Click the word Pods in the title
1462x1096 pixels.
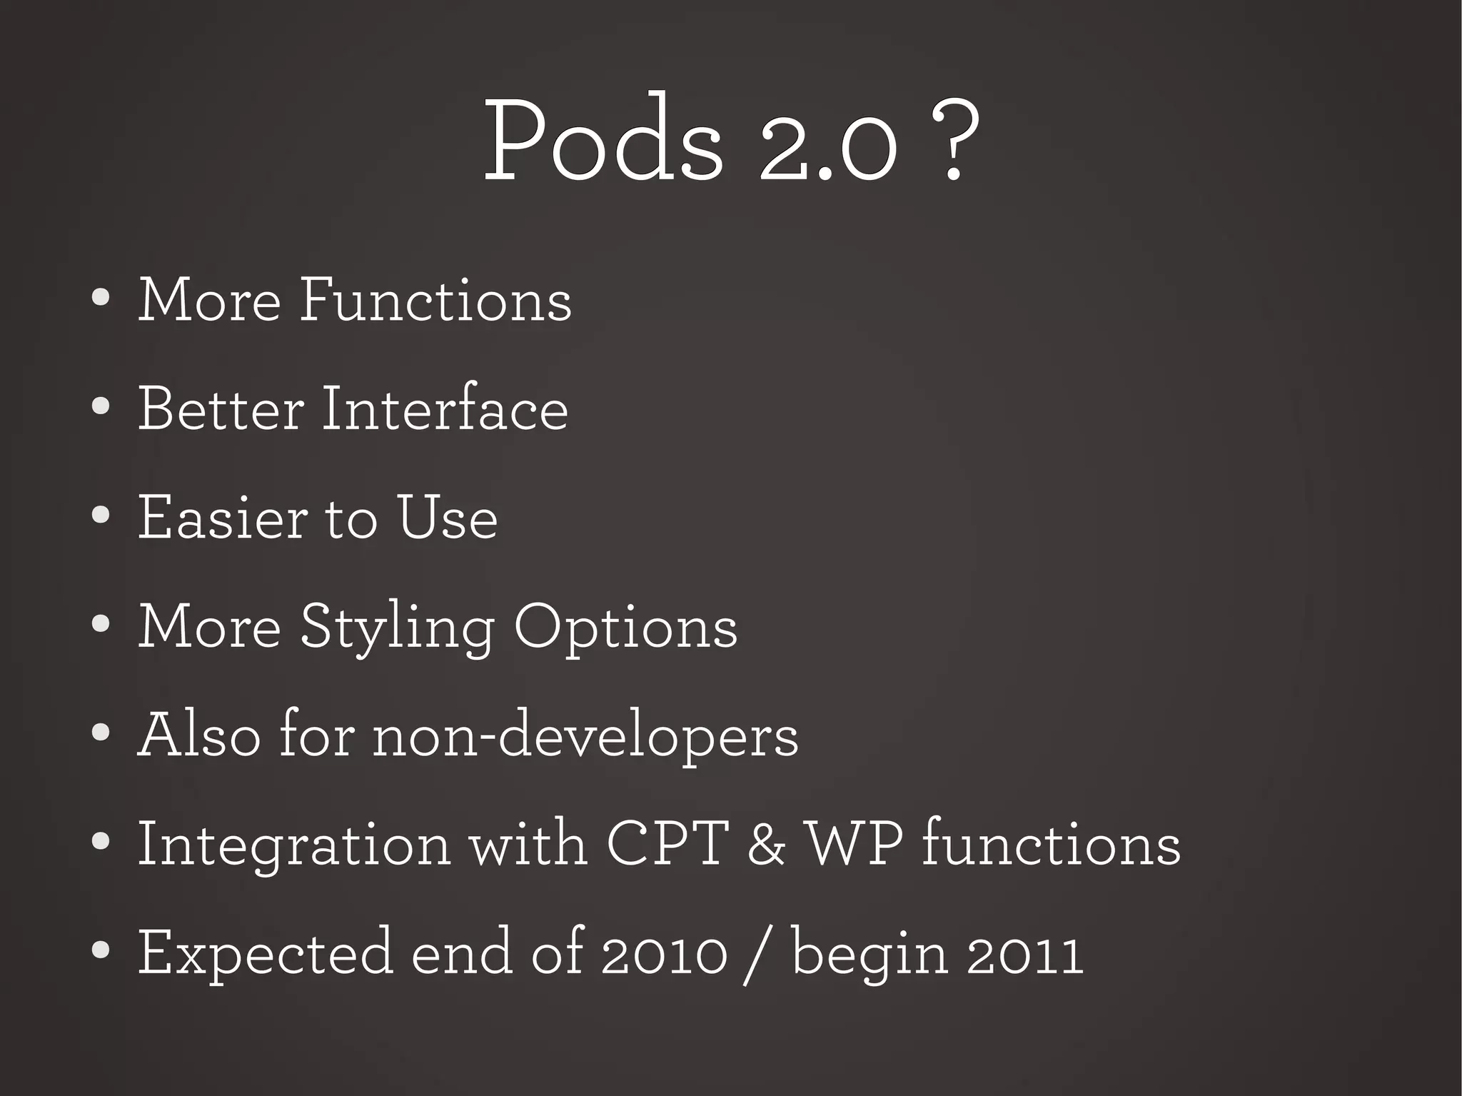(603, 139)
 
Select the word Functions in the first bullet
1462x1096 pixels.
(435, 300)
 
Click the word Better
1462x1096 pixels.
(221, 409)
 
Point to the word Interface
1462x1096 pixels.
(445, 409)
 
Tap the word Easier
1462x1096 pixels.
(223, 518)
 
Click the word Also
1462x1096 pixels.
(200, 735)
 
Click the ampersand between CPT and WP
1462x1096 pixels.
(767, 845)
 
